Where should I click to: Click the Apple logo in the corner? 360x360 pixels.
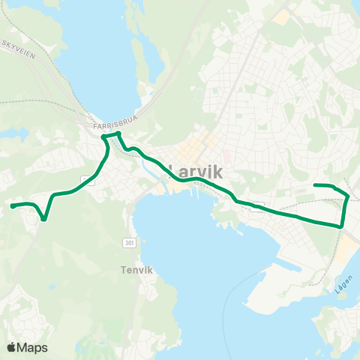(x=12, y=347)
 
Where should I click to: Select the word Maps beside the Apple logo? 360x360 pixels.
(x=34, y=347)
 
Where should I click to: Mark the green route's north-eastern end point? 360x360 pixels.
(x=314, y=184)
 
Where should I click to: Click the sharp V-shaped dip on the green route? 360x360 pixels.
(x=45, y=219)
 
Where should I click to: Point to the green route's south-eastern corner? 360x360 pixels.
(x=342, y=225)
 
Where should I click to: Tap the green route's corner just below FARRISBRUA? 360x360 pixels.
(x=104, y=136)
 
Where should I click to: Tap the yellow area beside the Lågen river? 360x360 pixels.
(x=346, y=247)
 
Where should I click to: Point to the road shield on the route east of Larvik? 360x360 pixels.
(x=257, y=208)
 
